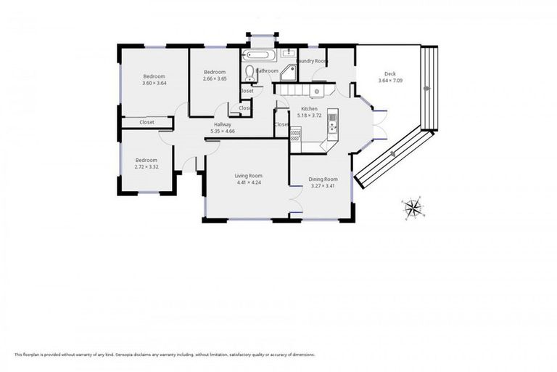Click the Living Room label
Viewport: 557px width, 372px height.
pos(248,176)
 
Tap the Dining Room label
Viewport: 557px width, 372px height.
pos(323,179)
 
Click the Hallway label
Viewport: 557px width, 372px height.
pos(223,124)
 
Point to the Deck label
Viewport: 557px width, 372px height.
pos(389,73)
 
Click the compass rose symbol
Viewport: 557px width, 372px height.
pos(413,208)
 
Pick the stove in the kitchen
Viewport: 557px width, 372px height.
pos(295,134)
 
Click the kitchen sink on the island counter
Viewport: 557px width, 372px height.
pos(332,125)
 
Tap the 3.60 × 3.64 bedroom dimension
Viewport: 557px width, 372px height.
pos(154,83)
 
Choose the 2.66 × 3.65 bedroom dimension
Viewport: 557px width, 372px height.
pos(215,78)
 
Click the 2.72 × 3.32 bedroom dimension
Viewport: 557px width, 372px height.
pos(146,166)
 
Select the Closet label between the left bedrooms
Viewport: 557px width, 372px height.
pos(147,122)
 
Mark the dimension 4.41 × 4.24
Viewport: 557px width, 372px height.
pos(248,182)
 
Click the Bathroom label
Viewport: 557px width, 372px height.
pos(267,70)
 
